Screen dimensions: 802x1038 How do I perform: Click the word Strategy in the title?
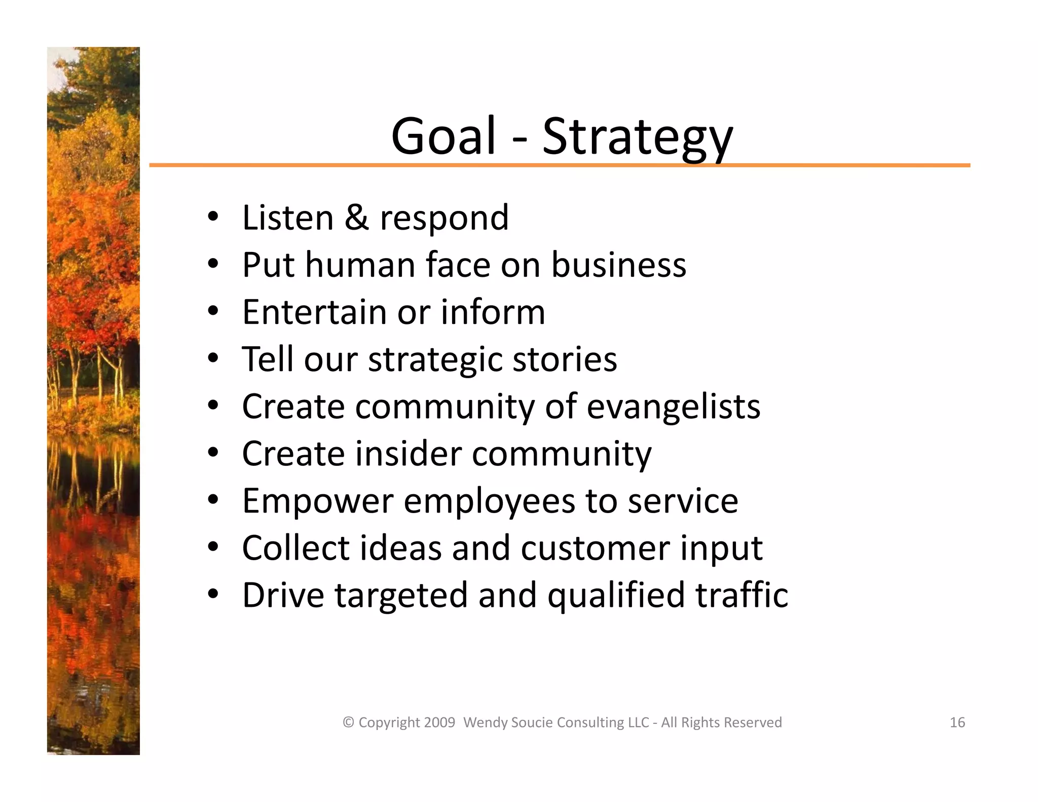638,137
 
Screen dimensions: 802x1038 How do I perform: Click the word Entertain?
314,312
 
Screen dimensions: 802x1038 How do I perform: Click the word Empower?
318,501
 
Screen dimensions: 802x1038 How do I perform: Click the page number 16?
957,722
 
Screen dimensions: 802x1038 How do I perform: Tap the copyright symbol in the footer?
348,722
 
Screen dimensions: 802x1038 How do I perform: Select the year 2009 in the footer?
439,722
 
